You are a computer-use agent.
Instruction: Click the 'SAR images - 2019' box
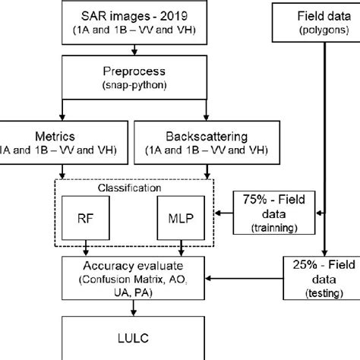tap(133, 21)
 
